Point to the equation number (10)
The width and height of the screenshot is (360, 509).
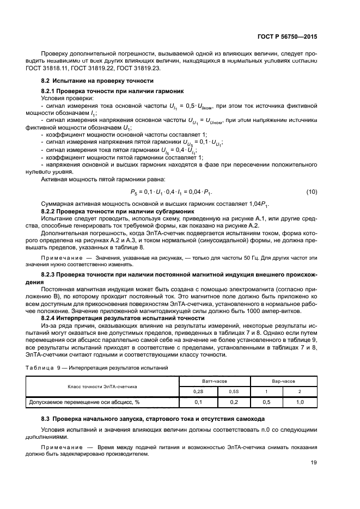(x=312, y=192)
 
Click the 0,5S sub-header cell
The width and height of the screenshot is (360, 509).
(x=233, y=391)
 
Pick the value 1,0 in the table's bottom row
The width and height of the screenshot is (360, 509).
(x=300, y=402)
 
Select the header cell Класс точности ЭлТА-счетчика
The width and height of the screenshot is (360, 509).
(x=102, y=387)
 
